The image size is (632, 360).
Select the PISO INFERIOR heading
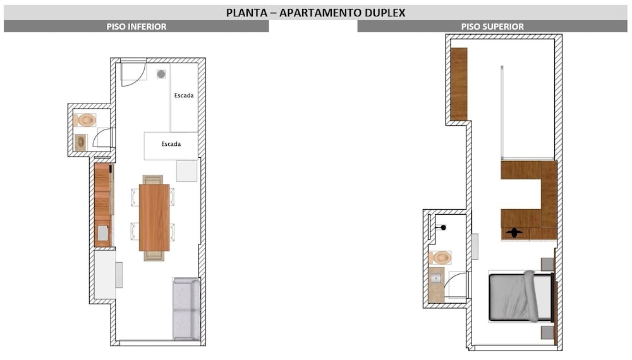pos(137,27)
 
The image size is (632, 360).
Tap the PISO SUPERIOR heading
pos(492,27)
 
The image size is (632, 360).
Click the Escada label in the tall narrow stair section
pos(184,95)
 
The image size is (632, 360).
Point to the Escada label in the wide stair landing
pos(171,144)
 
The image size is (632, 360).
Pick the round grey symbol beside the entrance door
pos(161,74)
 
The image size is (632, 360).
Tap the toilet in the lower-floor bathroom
pos(85,120)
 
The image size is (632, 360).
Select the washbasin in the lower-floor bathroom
pos(81,142)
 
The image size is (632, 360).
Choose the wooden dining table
pos(154,217)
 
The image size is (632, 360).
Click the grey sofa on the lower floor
pos(186,309)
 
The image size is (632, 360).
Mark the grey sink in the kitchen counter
pos(103,233)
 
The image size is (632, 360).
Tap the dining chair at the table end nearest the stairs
pos(153,179)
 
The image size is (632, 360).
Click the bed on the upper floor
pos(520,296)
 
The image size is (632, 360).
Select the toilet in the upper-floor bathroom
pos(440,257)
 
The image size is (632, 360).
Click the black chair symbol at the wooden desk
pos(514,232)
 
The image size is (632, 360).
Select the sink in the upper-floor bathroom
pos(435,279)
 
